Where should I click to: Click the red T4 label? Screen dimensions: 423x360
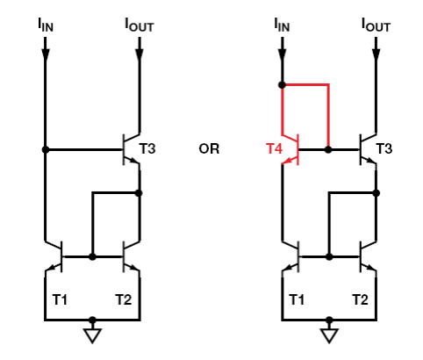(x=274, y=148)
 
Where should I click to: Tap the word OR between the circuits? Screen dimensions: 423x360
(x=209, y=149)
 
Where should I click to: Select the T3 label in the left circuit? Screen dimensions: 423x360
(x=147, y=148)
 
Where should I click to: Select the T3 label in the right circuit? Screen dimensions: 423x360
(x=384, y=148)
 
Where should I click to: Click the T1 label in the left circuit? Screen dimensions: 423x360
(x=60, y=299)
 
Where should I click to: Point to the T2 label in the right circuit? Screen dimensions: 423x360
(x=360, y=299)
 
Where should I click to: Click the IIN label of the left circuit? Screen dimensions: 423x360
(x=46, y=25)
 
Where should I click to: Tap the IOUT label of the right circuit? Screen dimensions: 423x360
(x=376, y=25)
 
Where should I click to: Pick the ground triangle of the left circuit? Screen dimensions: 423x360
(x=92, y=335)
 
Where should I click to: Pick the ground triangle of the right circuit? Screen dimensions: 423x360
(x=329, y=335)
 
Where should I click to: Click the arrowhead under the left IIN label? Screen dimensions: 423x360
(x=46, y=55)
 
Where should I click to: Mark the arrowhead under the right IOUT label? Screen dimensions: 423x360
(x=376, y=55)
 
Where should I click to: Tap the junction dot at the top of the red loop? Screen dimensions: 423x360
(x=282, y=85)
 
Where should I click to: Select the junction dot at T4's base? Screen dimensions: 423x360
(x=328, y=149)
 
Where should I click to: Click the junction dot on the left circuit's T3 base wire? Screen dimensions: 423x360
(x=46, y=149)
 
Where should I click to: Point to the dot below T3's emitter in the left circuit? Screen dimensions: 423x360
(x=140, y=193)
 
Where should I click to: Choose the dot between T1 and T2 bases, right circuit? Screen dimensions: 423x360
(x=329, y=256)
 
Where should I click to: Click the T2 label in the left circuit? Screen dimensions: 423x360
(x=124, y=299)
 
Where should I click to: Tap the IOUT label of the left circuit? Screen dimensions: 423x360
(x=140, y=25)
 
